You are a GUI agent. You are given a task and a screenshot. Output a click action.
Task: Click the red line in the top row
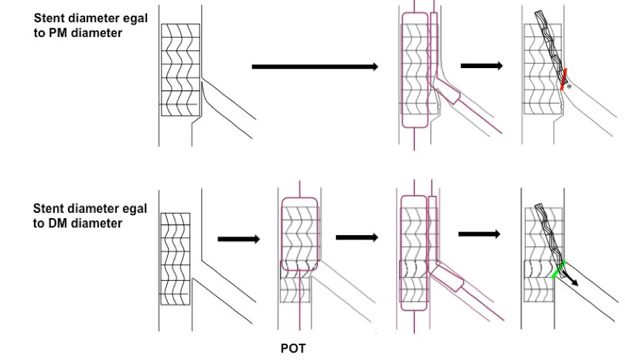564,79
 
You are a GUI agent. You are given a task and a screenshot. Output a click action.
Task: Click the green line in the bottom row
558,269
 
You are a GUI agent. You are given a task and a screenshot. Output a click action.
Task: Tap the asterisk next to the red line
569,87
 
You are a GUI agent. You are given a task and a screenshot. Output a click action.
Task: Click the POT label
292,349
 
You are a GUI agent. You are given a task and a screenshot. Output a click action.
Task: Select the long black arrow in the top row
315,67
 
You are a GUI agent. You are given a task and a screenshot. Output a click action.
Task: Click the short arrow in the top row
482,67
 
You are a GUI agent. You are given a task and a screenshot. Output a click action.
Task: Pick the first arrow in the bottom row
238,239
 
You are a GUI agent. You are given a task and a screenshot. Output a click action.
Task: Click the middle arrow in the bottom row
357,237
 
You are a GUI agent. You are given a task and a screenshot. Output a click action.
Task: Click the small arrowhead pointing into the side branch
574,282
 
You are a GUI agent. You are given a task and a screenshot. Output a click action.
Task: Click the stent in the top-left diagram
180,69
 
